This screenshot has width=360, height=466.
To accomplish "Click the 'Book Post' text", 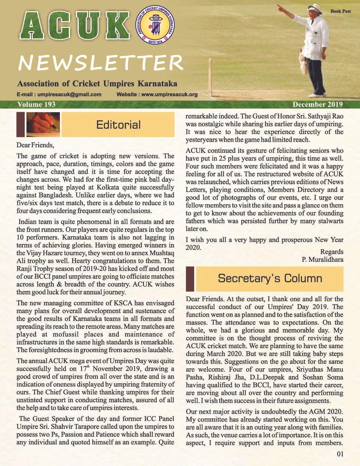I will [x=340, y=11].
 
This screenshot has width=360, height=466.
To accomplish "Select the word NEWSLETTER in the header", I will [x=101, y=63].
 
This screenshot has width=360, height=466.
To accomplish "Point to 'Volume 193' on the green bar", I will [x=36, y=105].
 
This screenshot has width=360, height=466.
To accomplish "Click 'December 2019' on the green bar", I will [x=318, y=105].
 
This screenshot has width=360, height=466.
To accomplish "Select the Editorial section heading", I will [x=118, y=125].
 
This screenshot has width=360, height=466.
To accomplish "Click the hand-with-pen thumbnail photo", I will [x=43, y=124].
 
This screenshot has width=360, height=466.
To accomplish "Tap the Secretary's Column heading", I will [x=270, y=278].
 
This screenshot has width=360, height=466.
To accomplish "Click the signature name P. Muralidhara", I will [x=322, y=259].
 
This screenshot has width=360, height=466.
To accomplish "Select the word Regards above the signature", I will [x=332, y=252].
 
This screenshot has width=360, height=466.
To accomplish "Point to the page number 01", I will [x=340, y=454].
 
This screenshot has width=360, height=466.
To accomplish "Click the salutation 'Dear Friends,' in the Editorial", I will [x=35, y=145].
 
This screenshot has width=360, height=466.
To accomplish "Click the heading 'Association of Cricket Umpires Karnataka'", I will [x=97, y=84].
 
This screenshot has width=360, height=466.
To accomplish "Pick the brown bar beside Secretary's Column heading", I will [x=190, y=278].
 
